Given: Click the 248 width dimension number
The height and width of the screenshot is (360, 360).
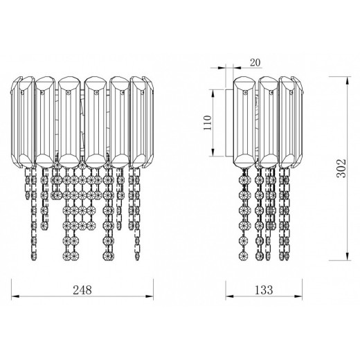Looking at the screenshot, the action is point(82,290).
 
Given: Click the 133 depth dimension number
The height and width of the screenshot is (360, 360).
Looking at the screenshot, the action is point(264,290).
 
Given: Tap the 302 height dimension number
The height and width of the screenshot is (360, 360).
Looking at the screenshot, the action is point(341,168).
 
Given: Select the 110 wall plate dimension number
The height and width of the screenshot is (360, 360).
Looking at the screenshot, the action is point(208,123).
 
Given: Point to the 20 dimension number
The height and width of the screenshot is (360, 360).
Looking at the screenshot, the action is point(255,62).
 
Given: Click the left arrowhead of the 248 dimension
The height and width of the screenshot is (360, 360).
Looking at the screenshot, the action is point(15,296).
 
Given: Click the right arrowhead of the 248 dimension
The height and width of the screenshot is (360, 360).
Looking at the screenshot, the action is point(150,296).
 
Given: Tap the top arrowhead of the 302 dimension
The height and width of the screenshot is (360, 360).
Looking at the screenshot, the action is point(347,80).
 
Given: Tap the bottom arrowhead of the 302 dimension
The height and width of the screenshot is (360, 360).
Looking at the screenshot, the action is point(347,256).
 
